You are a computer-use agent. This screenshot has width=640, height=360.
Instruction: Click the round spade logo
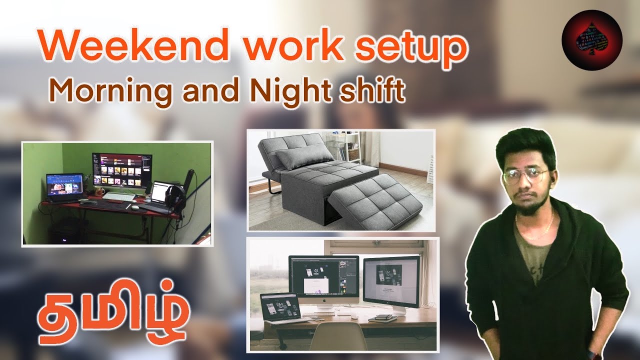pos(591,40)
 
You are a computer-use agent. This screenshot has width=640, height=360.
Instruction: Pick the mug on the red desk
pos(99,192)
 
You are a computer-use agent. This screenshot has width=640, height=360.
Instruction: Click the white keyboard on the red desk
pos(119,197)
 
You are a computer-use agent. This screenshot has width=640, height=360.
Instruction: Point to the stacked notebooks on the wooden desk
pos(382,318)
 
